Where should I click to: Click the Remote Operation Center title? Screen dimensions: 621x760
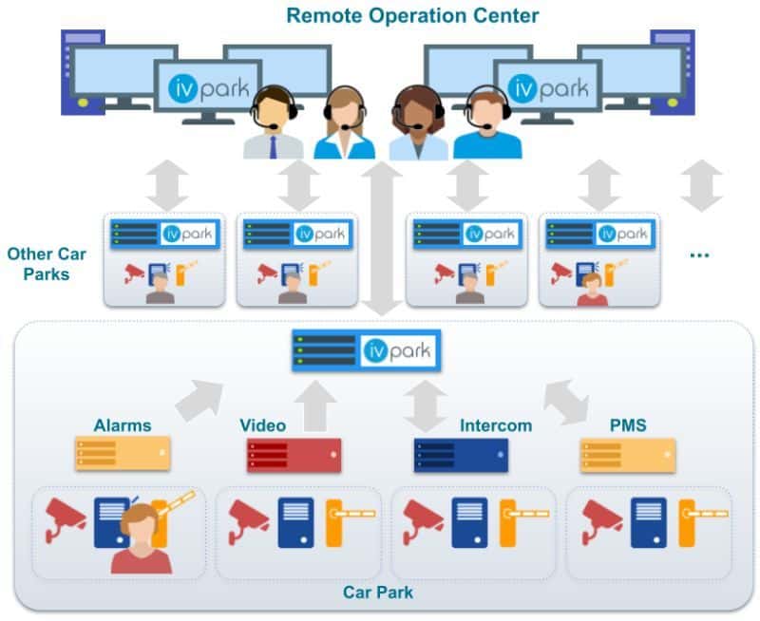point(412,15)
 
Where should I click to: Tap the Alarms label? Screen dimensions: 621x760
point(123,425)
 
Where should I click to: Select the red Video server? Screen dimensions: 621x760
point(294,456)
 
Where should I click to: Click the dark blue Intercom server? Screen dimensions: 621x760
point(461,456)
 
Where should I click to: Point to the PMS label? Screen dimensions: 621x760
point(628,425)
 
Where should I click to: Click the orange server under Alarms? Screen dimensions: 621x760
point(123,454)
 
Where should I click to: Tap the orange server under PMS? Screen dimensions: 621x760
point(628,456)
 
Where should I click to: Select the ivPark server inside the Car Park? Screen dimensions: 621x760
point(366,351)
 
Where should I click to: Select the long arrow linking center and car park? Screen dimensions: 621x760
point(384,237)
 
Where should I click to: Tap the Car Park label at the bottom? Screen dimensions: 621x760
point(377,593)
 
